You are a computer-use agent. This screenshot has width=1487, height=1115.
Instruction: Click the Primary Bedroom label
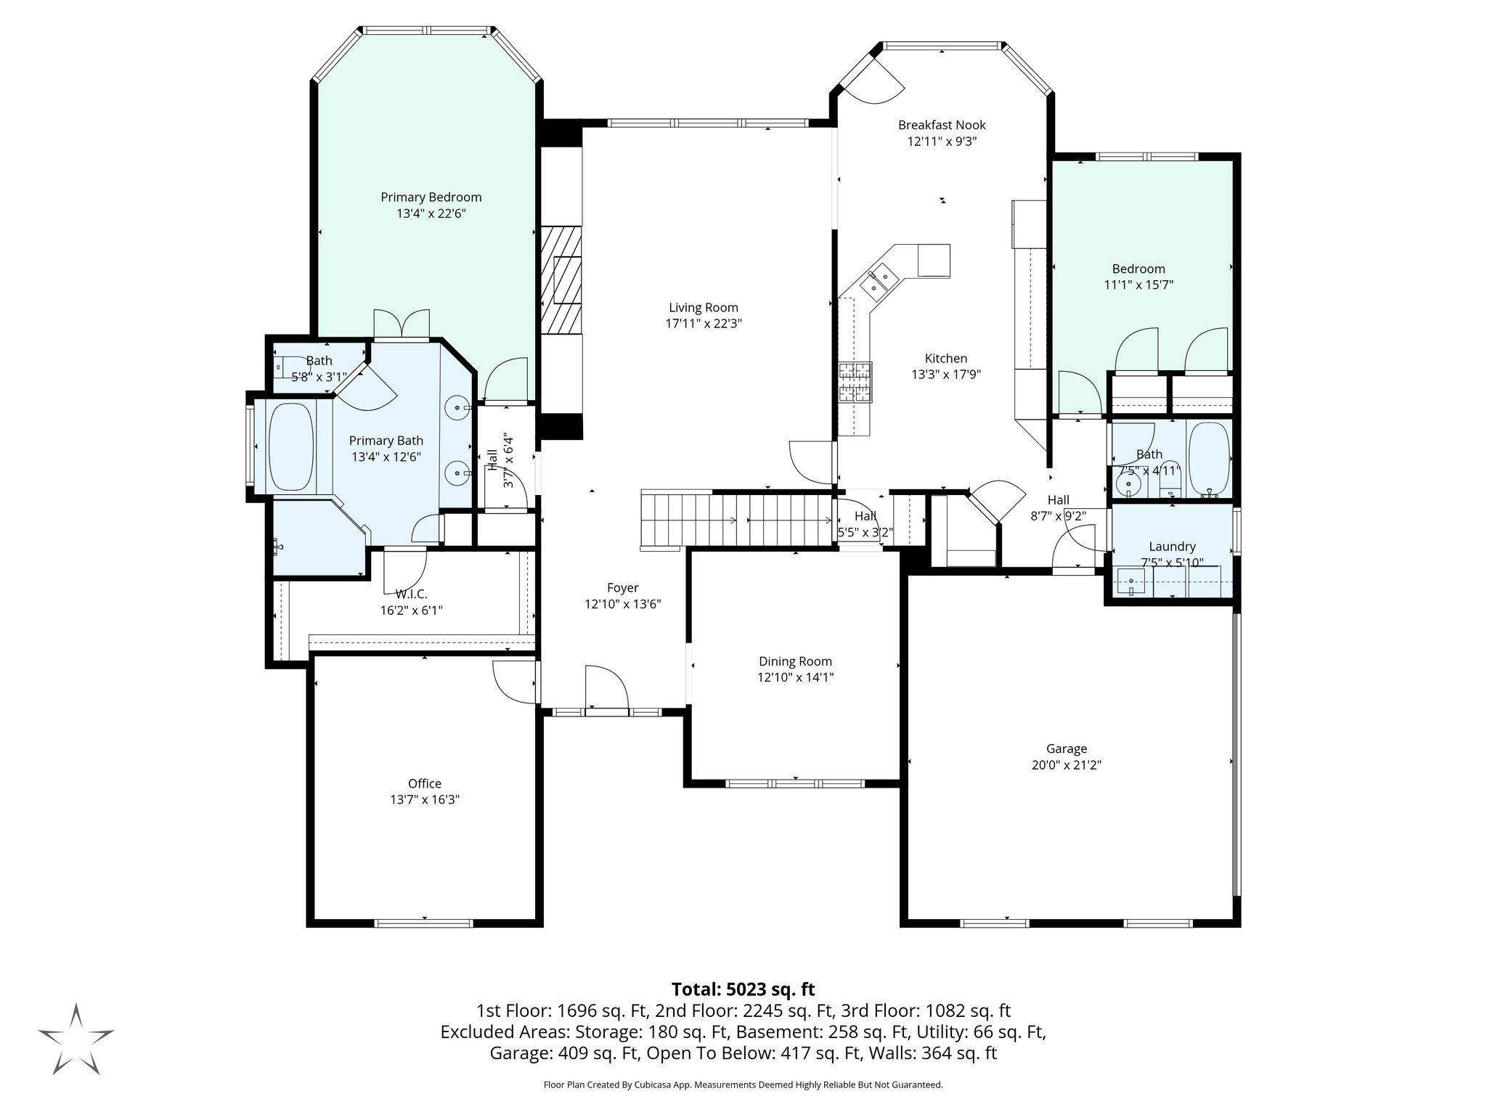click(x=431, y=197)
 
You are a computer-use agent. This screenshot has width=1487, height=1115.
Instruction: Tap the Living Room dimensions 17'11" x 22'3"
click(x=703, y=324)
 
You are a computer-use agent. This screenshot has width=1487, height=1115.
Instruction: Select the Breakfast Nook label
click(x=942, y=125)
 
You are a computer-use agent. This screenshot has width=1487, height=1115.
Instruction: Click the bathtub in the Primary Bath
click(x=291, y=446)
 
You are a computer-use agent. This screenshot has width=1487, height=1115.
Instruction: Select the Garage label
click(x=1066, y=748)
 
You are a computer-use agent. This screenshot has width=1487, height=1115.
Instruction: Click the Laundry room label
click(x=1171, y=547)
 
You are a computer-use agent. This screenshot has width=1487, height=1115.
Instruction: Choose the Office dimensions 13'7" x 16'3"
click(x=425, y=799)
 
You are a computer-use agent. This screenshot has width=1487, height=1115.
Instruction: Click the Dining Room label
click(x=795, y=661)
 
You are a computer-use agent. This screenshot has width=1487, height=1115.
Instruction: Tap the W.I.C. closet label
click(x=411, y=594)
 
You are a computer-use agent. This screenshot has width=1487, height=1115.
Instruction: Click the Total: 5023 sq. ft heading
click(x=743, y=989)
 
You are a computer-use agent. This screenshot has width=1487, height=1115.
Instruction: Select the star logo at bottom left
click(x=76, y=1039)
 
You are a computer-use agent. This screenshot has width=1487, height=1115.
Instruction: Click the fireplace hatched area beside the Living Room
click(x=561, y=279)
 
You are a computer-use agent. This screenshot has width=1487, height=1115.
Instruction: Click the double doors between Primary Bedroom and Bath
click(x=402, y=324)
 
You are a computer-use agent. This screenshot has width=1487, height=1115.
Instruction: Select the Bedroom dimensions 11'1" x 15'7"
click(x=1138, y=285)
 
